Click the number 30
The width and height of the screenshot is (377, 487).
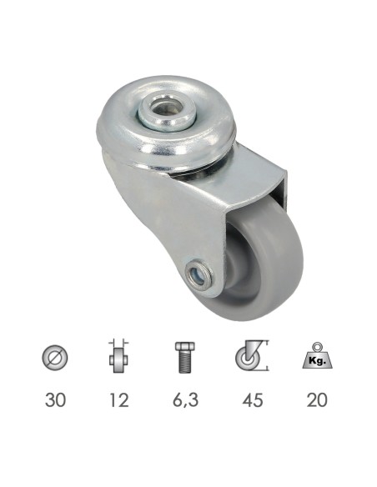click(54, 399)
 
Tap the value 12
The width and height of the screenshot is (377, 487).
click(120, 399)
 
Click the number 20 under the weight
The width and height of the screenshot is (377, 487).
click(316, 399)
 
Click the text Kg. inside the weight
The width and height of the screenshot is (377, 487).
click(317, 361)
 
